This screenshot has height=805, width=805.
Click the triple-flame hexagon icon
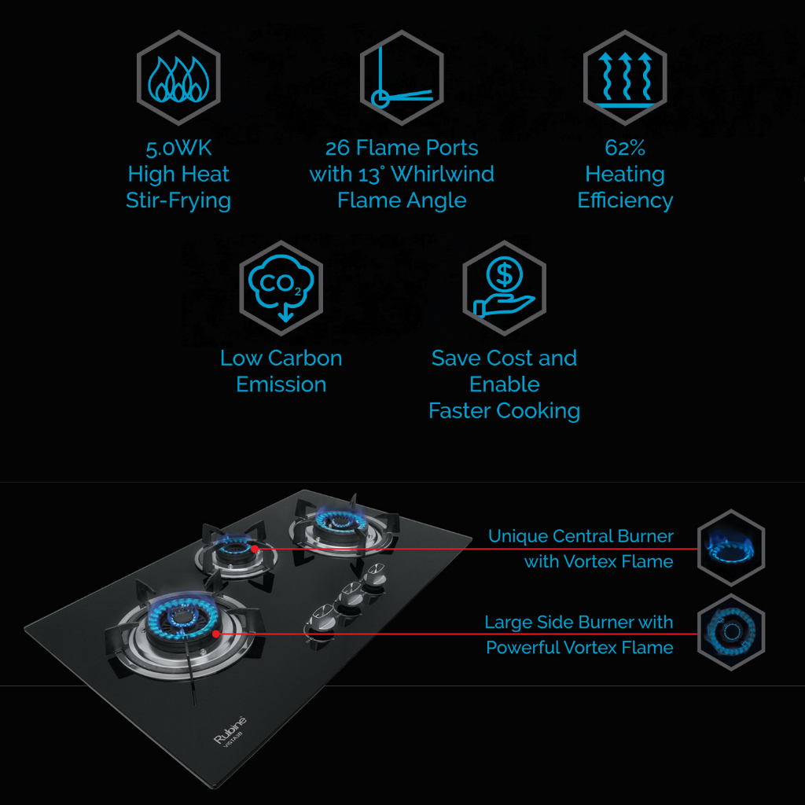point(178,78)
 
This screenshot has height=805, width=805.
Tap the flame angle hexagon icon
point(402,78)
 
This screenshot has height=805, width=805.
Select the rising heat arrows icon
point(625,78)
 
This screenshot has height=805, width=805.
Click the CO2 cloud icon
point(281,289)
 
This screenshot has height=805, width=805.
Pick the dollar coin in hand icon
point(504,289)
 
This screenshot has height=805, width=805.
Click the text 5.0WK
point(178,148)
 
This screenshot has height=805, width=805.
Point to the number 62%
point(625,148)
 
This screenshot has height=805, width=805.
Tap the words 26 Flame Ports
point(402,148)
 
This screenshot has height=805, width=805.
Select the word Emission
point(281,384)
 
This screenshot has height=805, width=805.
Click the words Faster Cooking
point(504,410)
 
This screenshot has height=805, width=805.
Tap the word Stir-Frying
point(178,200)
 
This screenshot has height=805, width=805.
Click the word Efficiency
point(625,200)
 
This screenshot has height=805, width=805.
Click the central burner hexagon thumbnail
point(731,547)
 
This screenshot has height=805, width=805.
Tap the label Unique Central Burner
point(581,536)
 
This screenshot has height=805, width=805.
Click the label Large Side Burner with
point(579,623)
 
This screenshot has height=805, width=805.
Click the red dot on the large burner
point(215,633)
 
